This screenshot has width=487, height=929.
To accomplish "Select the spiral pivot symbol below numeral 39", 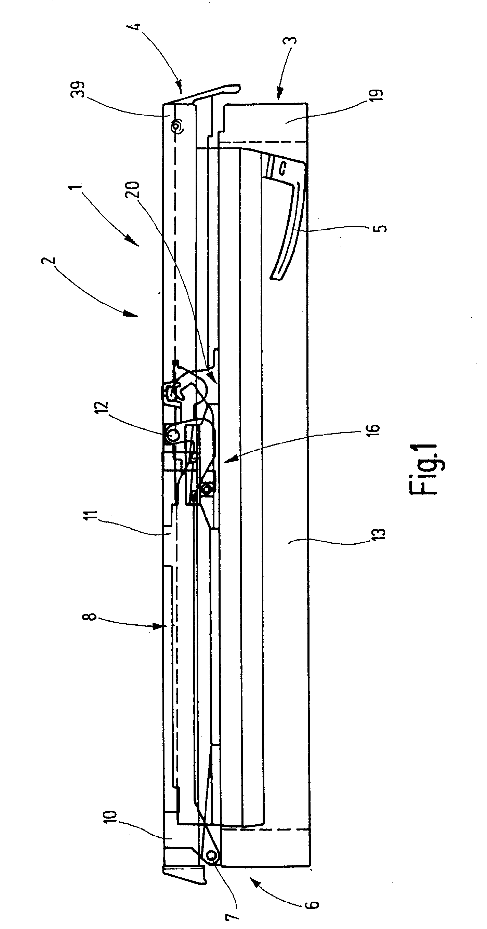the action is click(x=178, y=125).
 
